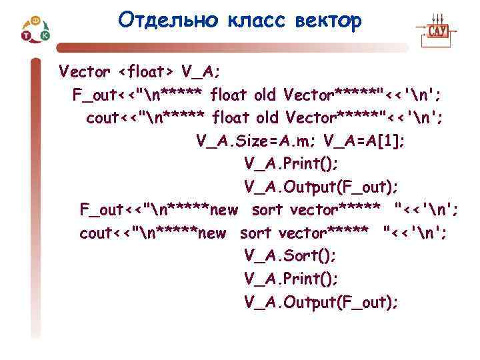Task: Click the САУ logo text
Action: click(437, 31)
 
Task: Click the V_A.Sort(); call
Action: click(291, 256)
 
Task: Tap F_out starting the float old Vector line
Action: click(92, 95)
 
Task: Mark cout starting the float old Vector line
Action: click(101, 118)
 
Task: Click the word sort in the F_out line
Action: click(268, 210)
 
